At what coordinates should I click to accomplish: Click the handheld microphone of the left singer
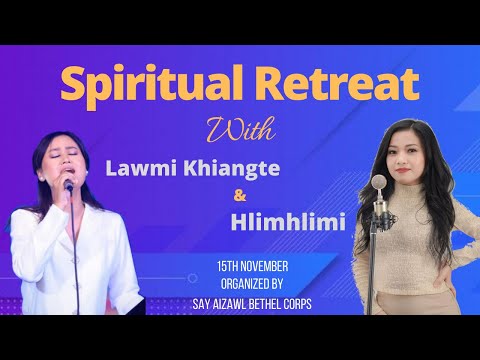(66, 189)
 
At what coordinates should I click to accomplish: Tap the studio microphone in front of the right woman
(379, 188)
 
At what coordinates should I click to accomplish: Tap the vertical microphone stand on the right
(380, 270)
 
